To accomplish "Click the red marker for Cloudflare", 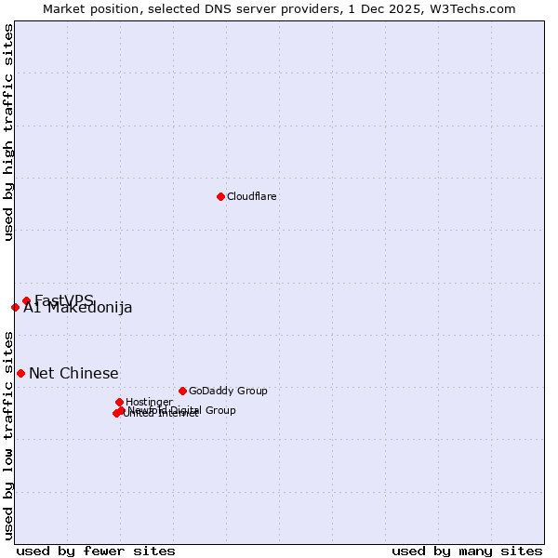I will pos(220,196).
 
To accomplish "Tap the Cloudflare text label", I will pos(252,197).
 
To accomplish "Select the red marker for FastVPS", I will pos(27,300).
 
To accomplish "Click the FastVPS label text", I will pos(64,299).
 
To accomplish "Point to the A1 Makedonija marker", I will pos(15,307).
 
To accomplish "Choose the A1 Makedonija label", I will pos(78,309).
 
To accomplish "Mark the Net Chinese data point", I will pos(20,373).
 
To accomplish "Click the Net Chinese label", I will pos(73,374).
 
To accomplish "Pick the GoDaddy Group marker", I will pos(182,391).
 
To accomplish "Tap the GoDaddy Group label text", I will pos(228,392).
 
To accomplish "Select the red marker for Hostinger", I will pos(119,402).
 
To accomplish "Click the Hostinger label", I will pos(149,403).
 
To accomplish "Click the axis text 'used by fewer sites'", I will pos(96,551).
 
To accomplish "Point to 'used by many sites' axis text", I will pos(467,551).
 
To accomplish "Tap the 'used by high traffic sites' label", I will pos(9,132).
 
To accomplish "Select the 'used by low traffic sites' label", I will pos(9,434).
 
